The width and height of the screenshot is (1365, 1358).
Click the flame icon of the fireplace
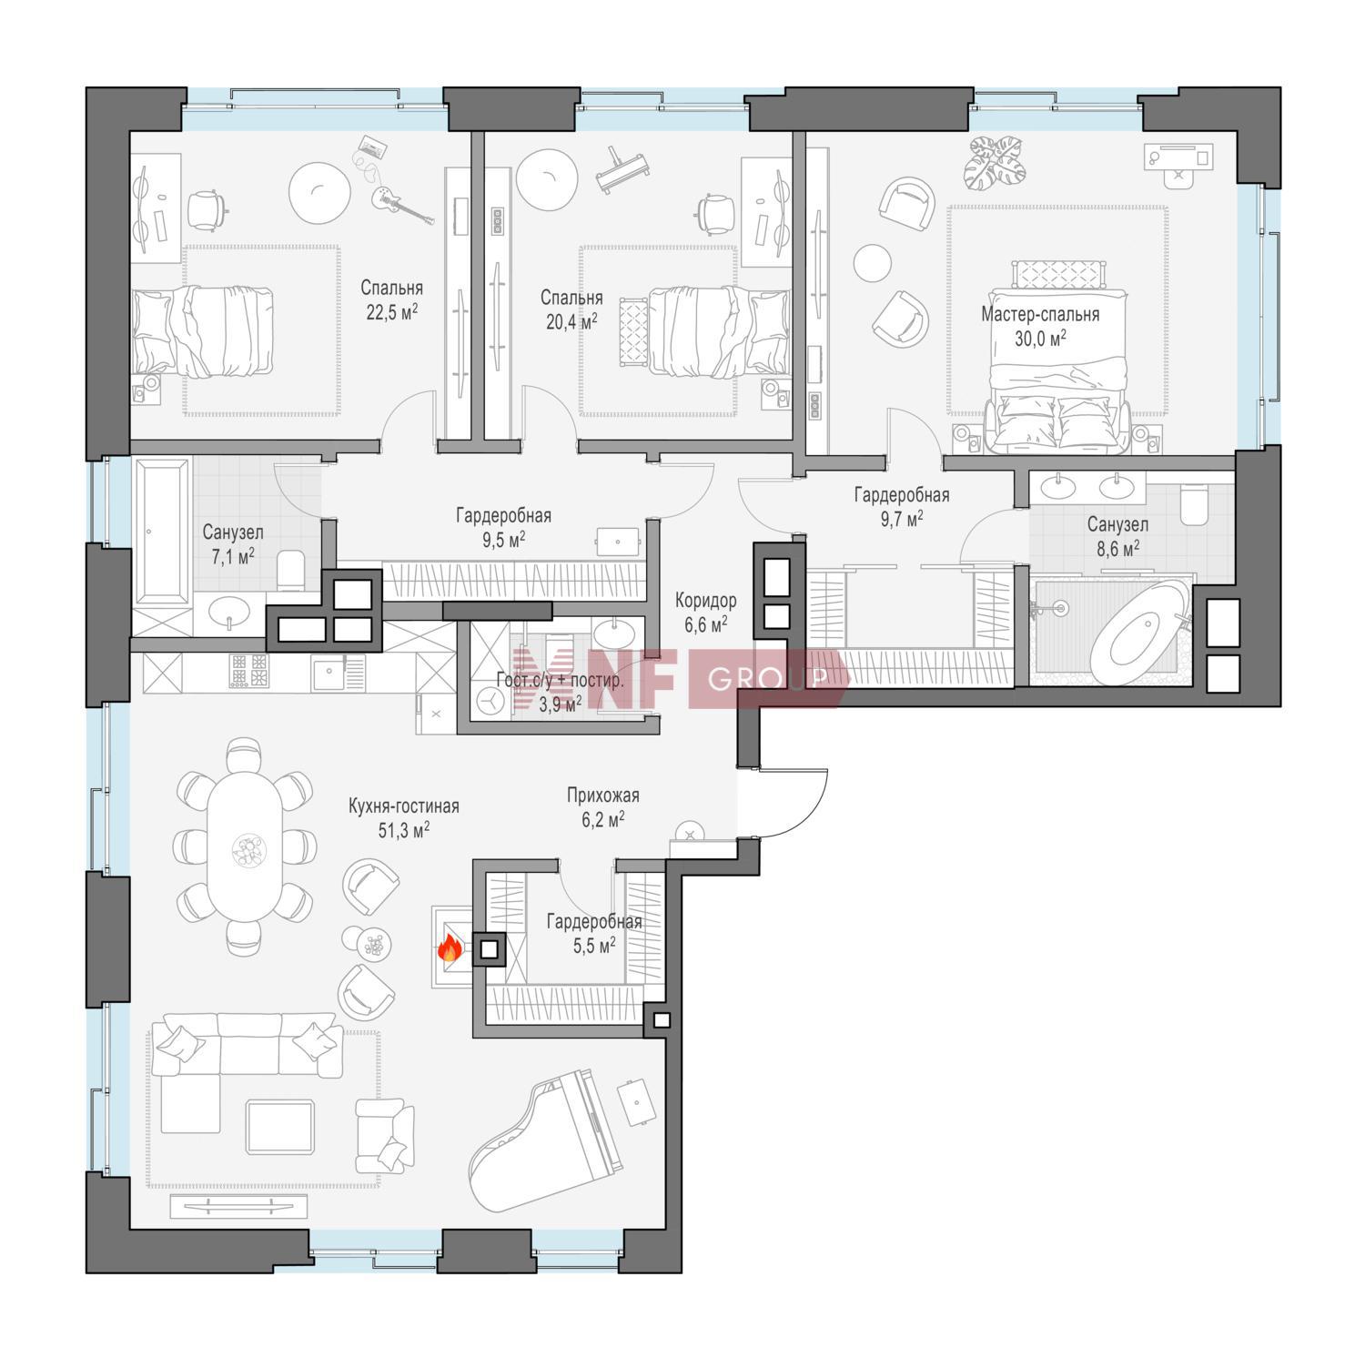click(449, 950)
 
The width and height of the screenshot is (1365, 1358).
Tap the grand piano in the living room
click(546, 1144)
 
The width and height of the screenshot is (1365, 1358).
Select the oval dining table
click(245, 846)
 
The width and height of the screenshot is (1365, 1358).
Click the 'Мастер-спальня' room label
click(1040, 315)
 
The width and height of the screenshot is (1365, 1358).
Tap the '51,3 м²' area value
click(403, 830)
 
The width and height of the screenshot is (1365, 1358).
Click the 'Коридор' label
click(706, 601)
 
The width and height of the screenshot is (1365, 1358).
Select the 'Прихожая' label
click(602, 796)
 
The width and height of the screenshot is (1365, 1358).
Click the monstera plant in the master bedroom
click(998, 159)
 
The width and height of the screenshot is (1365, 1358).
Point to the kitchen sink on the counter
click(328, 674)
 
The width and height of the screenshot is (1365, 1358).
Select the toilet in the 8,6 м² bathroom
click(1192, 505)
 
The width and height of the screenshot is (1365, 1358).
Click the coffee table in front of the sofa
click(280, 1127)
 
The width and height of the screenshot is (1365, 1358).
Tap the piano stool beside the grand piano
click(635, 1100)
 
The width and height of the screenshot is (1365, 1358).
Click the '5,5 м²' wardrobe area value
click(594, 946)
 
